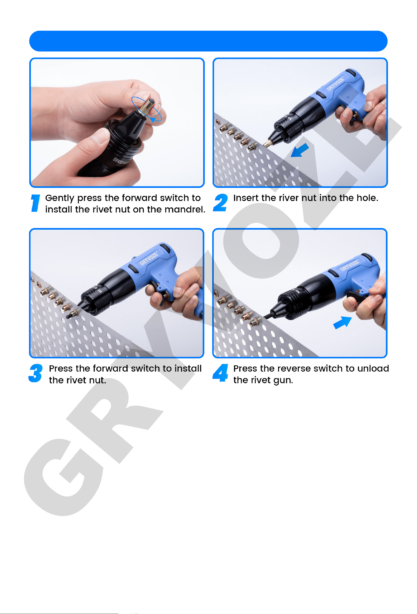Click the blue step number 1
point(36,203)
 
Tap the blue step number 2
point(220,203)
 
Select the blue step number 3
point(36,373)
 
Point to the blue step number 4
point(220,373)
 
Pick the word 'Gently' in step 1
point(60,198)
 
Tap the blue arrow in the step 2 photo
point(299,150)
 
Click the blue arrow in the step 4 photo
point(342,322)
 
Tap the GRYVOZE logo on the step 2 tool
point(335,84)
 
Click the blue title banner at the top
point(208,41)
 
